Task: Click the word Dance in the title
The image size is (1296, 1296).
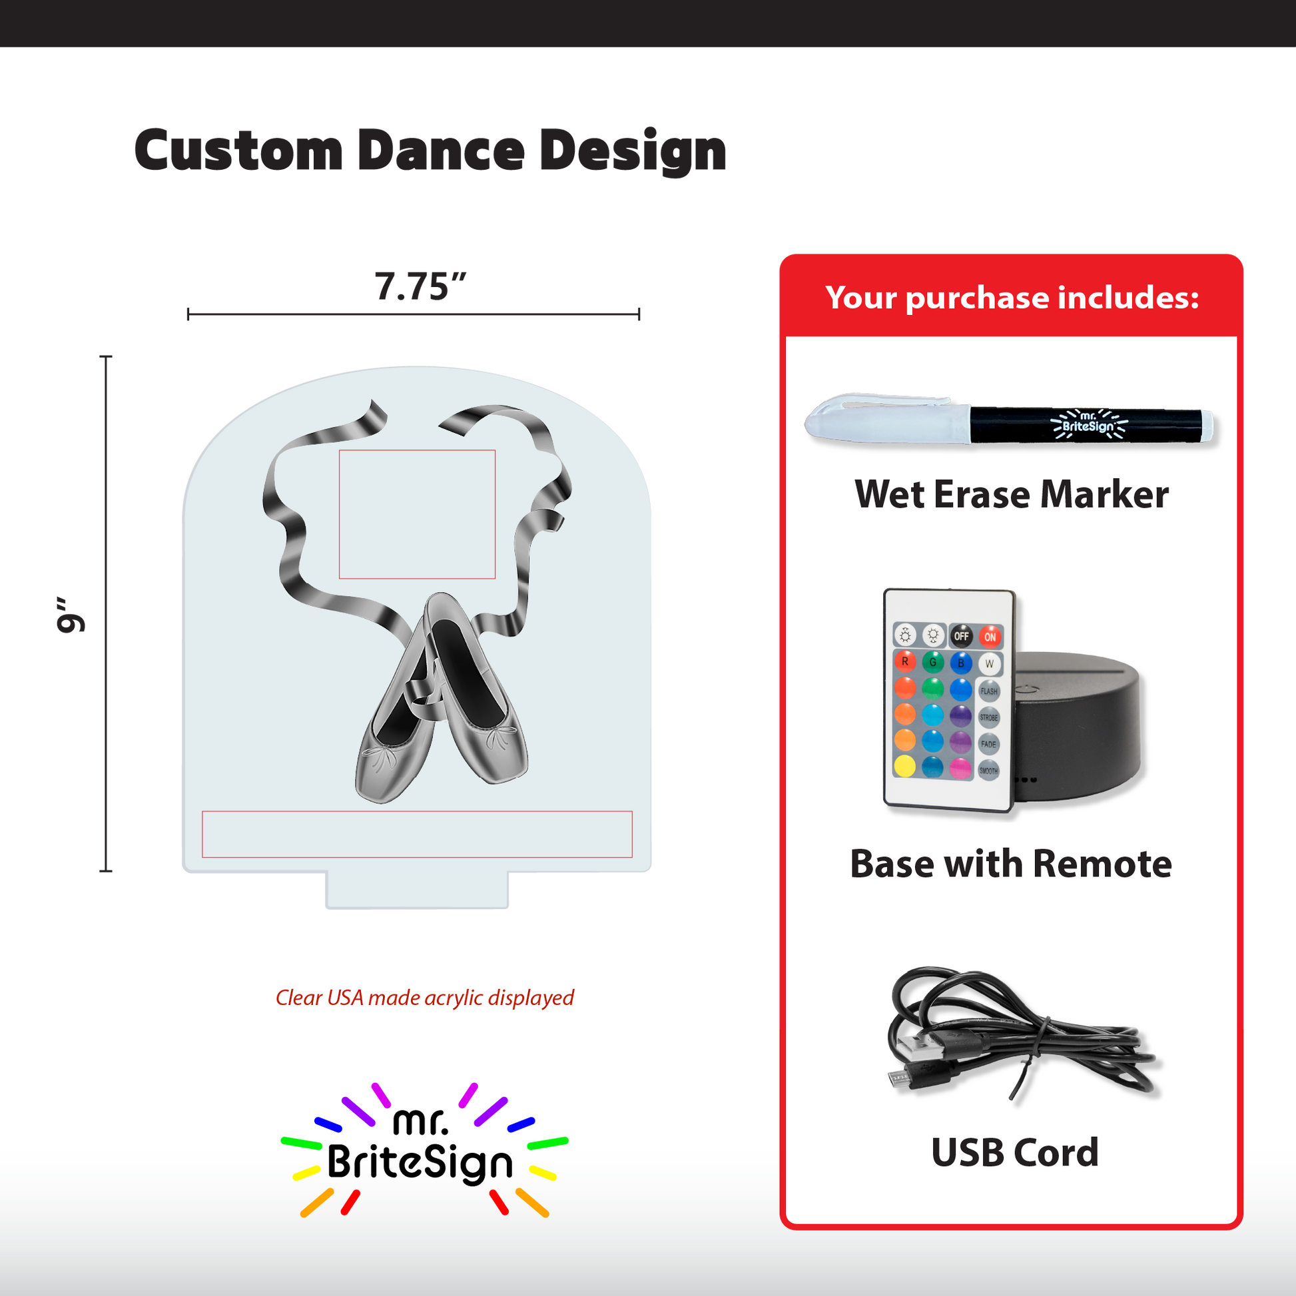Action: (441, 151)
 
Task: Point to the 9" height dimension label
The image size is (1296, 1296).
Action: (71, 614)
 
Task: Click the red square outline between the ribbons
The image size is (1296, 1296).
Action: (418, 450)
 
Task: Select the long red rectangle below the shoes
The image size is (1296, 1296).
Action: (418, 812)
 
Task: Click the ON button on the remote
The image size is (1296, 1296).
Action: (990, 637)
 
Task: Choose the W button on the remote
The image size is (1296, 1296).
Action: (989, 663)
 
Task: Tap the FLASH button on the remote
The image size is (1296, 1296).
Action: (989, 690)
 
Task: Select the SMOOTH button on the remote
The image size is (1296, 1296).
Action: (988, 770)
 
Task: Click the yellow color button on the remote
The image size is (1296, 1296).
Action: (905, 766)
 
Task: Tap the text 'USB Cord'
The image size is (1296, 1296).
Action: (1014, 1152)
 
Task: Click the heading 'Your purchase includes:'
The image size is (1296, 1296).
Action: (1012, 297)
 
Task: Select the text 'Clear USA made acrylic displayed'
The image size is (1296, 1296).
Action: (425, 998)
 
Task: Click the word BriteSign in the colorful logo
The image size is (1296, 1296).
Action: (420, 1163)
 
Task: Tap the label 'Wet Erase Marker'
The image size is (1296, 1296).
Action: (1012, 494)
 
